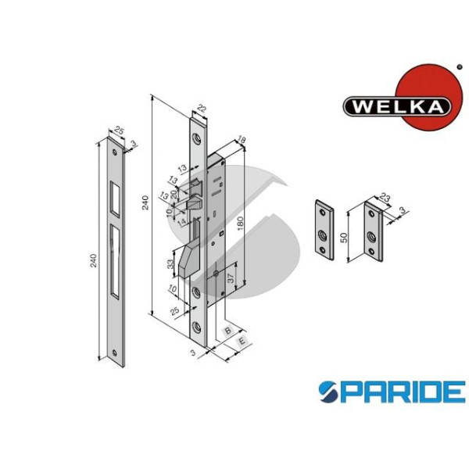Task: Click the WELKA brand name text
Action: click(397, 106)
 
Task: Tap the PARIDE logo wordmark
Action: click(392, 392)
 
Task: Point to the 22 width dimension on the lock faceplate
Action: click(202, 109)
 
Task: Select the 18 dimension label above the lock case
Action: click(241, 139)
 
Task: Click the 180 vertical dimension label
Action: click(240, 224)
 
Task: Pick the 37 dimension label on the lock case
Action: click(231, 277)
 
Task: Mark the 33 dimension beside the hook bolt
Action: click(170, 264)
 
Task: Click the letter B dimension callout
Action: click(228, 330)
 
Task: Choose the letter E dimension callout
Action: click(242, 341)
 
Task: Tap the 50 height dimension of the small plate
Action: click(344, 237)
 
